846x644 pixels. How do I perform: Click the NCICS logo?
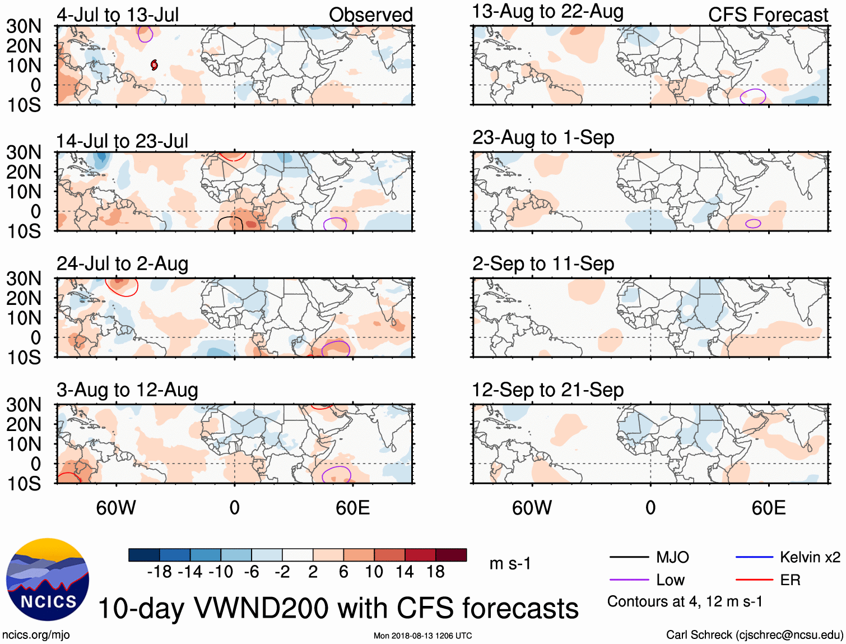tap(48, 579)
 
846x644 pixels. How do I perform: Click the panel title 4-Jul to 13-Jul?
tap(118, 15)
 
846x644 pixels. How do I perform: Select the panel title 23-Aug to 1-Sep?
tap(543, 137)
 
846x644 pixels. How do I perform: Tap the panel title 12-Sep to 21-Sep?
tap(547, 390)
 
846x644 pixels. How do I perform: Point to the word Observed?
tap(370, 15)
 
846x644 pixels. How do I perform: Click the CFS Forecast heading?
tap(768, 15)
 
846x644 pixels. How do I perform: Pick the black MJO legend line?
tap(629, 557)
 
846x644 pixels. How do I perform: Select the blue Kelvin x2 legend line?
tap(754, 557)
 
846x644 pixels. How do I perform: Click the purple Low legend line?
tap(629, 580)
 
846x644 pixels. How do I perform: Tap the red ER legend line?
tap(754, 580)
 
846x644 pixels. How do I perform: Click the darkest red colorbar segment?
tap(451, 555)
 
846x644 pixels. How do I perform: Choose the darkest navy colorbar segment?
tap(144, 555)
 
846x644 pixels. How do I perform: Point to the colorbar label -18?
tap(159, 572)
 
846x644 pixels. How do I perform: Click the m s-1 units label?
tap(510, 563)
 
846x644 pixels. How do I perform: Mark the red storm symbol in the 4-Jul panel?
tap(154, 65)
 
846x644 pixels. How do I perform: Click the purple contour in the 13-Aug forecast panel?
tap(753, 96)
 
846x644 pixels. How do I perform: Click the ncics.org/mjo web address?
tap(36, 634)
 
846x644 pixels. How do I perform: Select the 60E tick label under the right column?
tap(768, 508)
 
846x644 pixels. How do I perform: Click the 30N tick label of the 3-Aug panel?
tap(24, 405)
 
